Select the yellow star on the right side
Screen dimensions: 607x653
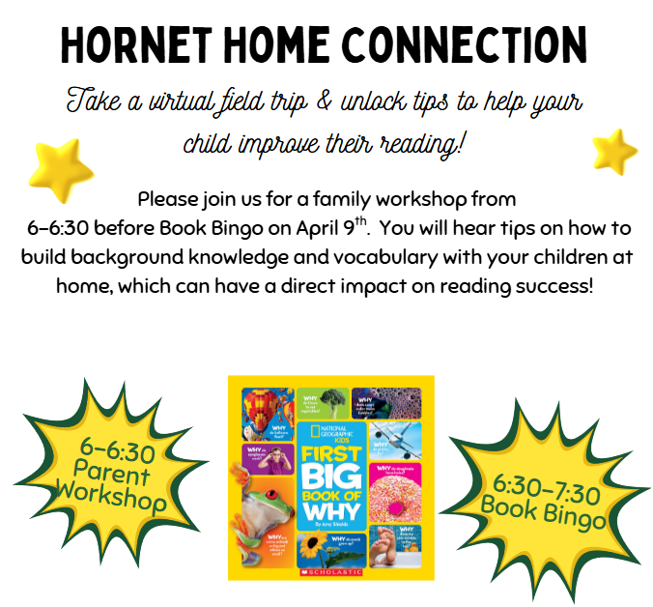[613, 152]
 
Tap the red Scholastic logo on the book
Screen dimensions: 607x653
[330, 573]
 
